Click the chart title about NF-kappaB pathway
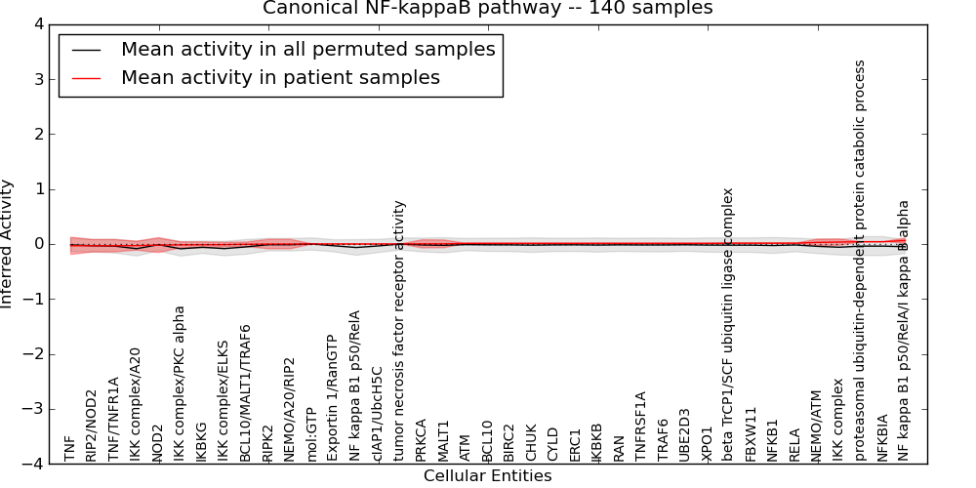click(x=487, y=9)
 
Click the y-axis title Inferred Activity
click(x=8, y=244)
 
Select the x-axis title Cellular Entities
click(x=487, y=476)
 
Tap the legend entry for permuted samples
click(x=307, y=49)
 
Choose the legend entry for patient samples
click(x=280, y=77)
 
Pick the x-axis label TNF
click(x=69, y=449)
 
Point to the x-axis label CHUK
click(x=532, y=441)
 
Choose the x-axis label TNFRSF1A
click(x=641, y=427)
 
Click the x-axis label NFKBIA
click(x=882, y=438)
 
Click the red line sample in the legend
click(x=85, y=77)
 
